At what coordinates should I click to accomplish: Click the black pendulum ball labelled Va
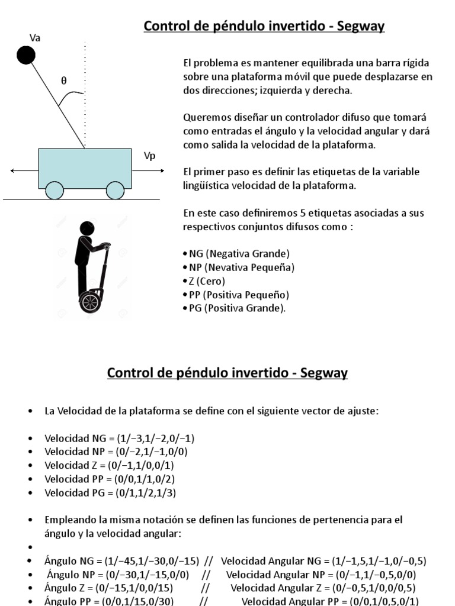click(25, 56)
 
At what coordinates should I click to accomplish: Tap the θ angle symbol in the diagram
click(63, 82)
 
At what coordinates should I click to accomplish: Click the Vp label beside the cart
click(149, 156)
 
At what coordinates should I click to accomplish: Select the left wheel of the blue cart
click(55, 190)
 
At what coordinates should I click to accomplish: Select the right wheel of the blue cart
click(115, 190)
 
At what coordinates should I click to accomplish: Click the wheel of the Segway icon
click(90, 302)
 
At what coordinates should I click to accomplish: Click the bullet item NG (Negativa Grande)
click(236, 254)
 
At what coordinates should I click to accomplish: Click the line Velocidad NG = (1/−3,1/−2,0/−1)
click(119, 439)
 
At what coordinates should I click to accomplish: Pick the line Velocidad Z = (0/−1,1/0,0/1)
click(109, 466)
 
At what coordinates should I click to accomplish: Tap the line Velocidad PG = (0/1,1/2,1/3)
click(110, 492)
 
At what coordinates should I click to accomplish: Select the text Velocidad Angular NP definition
click(321, 575)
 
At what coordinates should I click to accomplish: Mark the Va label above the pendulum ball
click(35, 37)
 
